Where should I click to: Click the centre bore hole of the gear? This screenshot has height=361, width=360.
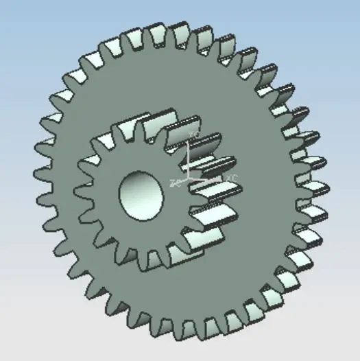click(x=141, y=192)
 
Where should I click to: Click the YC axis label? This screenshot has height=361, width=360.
click(x=194, y=135)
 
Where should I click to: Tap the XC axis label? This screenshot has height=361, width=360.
click(x=232, y=178)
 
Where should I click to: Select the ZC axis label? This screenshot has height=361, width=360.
click(x=174, y=182)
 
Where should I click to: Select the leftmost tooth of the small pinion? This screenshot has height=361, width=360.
click(x=80, y=185)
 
